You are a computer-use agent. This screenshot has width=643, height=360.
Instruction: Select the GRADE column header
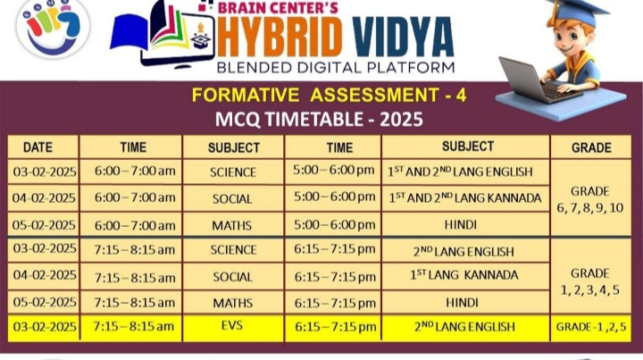coord(591,147)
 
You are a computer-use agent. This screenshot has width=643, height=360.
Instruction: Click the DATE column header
coord(38,147)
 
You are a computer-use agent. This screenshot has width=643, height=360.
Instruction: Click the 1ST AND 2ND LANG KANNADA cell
coord(465,198)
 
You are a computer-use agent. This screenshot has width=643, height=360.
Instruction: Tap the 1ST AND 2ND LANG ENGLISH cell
coord(465,172)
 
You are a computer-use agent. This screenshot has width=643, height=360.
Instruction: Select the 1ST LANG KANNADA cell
coord(465,275)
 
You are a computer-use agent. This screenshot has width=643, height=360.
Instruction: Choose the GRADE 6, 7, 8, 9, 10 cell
coord(591,199)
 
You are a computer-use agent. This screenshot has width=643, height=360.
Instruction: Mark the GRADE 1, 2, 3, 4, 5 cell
coord(591,281)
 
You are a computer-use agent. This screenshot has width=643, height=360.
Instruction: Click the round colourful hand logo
coord(53,28)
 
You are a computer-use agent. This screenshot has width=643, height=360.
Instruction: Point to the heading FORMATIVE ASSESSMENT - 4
coord(329,96)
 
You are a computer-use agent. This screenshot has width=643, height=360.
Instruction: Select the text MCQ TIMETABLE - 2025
coord(319,120)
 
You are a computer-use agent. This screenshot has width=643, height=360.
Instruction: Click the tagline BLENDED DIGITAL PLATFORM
coord(336,67)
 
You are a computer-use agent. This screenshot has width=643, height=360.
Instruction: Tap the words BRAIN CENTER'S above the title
coord(278,7)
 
